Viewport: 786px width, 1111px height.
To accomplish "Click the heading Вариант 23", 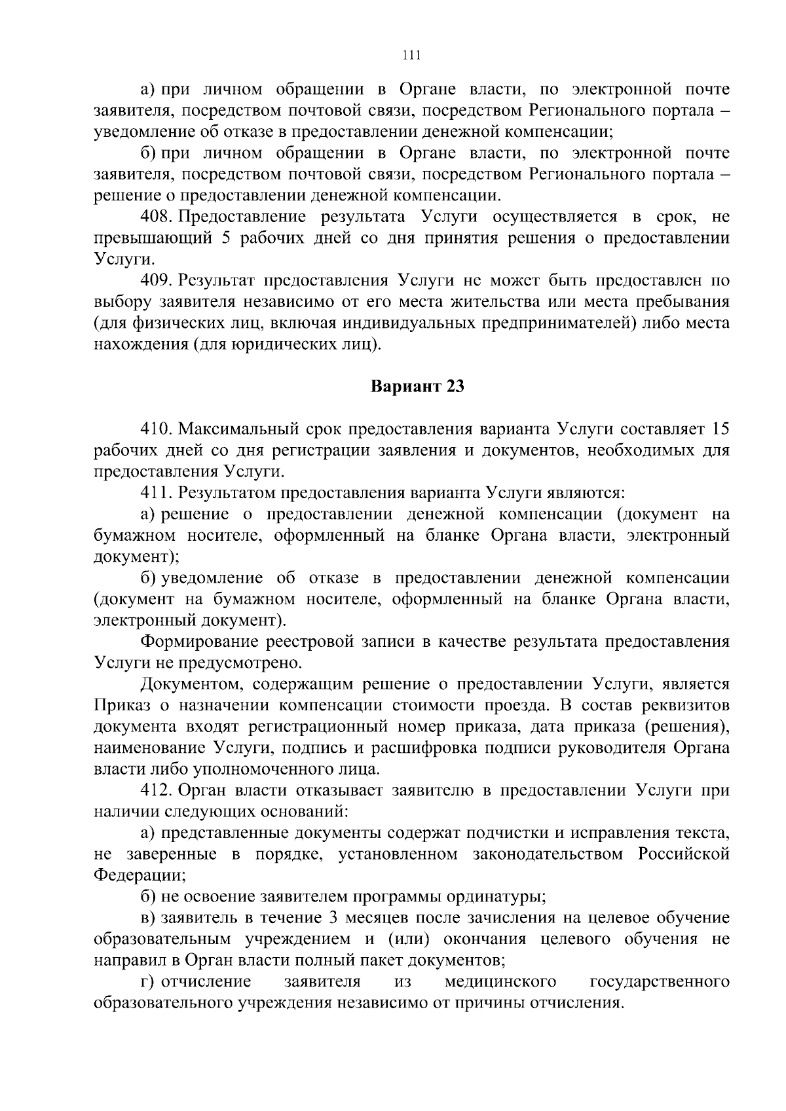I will click(x=417, y=387).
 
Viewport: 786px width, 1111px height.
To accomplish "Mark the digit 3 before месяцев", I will click(x=335, y=918).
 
